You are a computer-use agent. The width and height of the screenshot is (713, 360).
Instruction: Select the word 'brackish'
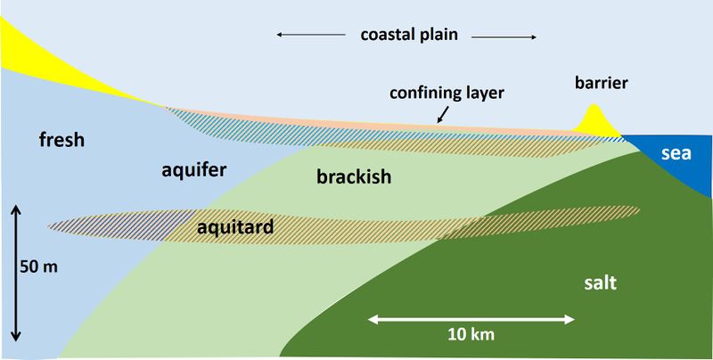[x=355, y=177]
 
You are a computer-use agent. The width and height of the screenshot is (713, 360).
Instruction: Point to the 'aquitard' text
[x=234, y=229]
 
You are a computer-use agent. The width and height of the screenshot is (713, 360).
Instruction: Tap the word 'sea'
[x=677, y=154]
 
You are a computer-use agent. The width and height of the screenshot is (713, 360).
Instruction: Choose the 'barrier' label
[x=602, y=83]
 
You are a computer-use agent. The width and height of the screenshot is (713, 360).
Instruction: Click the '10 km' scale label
[x=472, y=335]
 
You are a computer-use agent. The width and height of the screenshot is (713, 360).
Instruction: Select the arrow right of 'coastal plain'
[x=504, y=37]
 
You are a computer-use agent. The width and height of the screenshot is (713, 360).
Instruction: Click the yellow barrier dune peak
[x=594, y=115]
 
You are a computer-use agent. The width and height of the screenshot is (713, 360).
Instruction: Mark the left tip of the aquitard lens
[x=49, y=226]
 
